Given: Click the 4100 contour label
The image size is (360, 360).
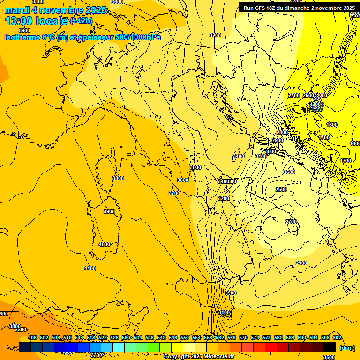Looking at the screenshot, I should (x=90, y=268).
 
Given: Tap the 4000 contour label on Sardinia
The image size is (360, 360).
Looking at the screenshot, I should (x=105, y=244).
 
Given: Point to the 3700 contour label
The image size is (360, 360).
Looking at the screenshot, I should (x=174, y=193).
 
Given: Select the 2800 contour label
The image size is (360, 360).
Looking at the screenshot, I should (x=282, y=133).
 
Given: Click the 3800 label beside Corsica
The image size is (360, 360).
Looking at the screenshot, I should (x=118, y=178).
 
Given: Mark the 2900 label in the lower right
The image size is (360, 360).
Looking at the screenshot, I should (x=301, y=263).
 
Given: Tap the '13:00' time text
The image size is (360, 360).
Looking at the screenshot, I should (x=18, y=21).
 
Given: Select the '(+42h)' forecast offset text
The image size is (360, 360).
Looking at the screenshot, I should (x=81, y=21).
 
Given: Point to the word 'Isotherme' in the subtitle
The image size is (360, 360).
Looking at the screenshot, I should (x=22, y=37).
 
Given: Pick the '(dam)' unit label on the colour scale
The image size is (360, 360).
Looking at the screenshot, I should (x=346, y=347).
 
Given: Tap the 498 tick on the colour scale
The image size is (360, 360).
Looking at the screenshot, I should (x=32, y=337).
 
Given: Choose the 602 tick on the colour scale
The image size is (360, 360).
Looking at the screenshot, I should (x=337, y=337).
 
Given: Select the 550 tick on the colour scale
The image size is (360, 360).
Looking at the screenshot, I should (x=185, y=337).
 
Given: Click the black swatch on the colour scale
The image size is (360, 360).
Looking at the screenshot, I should (x=330, y=347).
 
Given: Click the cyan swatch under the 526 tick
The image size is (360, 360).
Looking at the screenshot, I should (x=119, y=347).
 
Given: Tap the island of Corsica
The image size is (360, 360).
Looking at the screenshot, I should (x=114, y=162).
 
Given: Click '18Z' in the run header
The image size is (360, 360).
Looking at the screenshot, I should (x=277, y=8).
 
